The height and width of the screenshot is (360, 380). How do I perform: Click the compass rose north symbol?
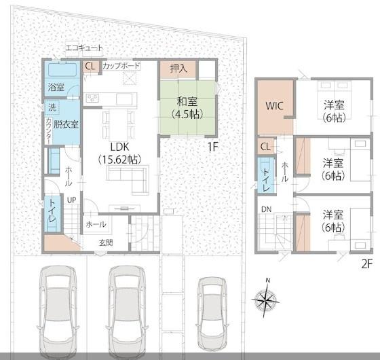(266, 298)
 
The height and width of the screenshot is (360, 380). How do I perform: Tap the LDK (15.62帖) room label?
(119, 154)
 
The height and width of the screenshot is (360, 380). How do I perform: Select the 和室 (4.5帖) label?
(187, 108)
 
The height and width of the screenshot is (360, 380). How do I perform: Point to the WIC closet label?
(274, 106)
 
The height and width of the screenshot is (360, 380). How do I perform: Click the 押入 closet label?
(178, 69)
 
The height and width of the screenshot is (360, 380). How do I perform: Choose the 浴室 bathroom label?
(56, 87)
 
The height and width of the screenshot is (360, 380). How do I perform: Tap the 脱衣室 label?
(66, 124)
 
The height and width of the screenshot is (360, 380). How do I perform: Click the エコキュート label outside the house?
(84, 48)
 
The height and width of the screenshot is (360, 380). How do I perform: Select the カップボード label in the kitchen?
(121, 66)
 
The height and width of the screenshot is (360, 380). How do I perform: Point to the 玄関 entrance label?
(106, 242)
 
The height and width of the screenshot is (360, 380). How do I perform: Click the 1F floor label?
(213, 147)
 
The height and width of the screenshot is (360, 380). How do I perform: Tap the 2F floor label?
(367, 264)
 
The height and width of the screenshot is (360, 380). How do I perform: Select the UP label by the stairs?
(72, 200)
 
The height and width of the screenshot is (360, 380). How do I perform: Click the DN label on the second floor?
(266, 209)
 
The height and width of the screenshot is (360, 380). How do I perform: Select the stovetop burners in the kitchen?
(92, 98)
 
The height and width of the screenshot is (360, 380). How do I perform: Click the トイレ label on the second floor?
(266, 179)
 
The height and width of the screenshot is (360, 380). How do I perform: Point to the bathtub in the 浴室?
(62, 69)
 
